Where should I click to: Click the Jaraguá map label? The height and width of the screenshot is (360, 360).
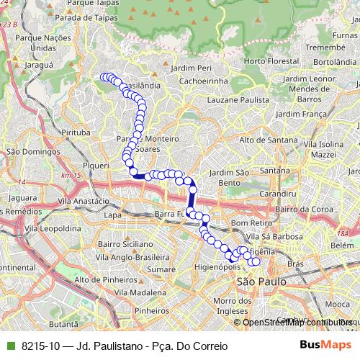pos(40,64)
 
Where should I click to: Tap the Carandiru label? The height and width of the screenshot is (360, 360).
pos(279,194)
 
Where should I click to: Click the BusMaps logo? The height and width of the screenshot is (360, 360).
pos(325,346)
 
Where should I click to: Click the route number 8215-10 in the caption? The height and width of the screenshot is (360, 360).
pos(40,346)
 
